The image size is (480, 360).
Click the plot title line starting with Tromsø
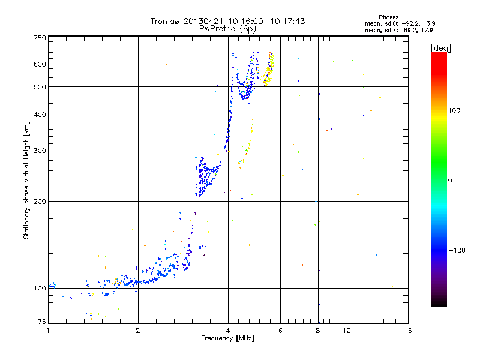[x=227, y=21]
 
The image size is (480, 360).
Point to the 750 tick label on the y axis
[x=40, y=38]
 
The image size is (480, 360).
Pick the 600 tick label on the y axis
[x=40, y=64]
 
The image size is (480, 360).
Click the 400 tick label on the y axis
[x=40, y=115]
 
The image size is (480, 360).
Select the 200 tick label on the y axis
[x=40, y=201]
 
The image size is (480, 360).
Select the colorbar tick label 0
[x=451, y=180]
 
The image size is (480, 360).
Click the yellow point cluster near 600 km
[x=268, y=69]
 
